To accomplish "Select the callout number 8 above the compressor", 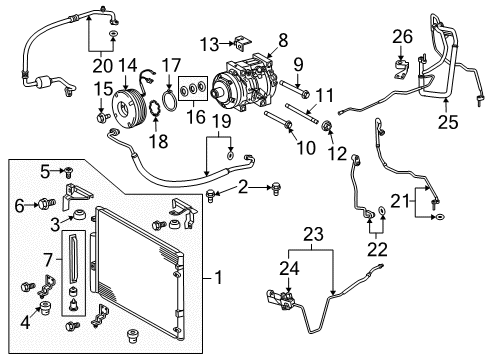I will (x=282, y=40).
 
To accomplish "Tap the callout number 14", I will (x=127, y=67).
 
